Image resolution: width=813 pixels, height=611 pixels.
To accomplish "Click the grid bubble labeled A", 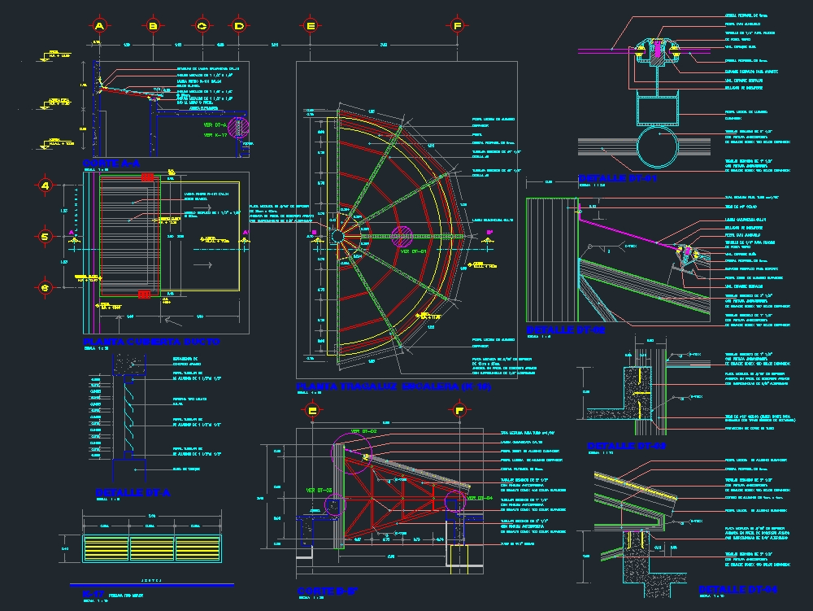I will pos(99,26).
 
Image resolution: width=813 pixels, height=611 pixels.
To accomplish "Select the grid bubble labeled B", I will pos(153,26).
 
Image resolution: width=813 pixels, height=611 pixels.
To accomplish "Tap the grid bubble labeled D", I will pos(239,26).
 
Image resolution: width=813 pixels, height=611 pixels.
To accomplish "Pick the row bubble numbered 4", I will pos(46,186).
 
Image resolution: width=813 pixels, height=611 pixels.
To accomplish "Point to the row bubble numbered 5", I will pos(46,237).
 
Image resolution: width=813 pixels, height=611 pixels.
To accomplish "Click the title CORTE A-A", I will pos(111,164).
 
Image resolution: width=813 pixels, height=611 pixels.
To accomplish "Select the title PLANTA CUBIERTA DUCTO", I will pos(151,342).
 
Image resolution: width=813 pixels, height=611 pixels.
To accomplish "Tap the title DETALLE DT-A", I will pos(133,492).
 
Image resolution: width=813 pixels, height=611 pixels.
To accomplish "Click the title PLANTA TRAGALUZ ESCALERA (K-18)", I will pos(393,386).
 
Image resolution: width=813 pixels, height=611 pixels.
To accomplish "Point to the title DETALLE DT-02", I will pos(566,330).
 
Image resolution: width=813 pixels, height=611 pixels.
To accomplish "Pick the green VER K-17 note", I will pos(214,134).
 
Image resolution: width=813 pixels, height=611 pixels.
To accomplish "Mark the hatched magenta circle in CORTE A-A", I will pos(239,128).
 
